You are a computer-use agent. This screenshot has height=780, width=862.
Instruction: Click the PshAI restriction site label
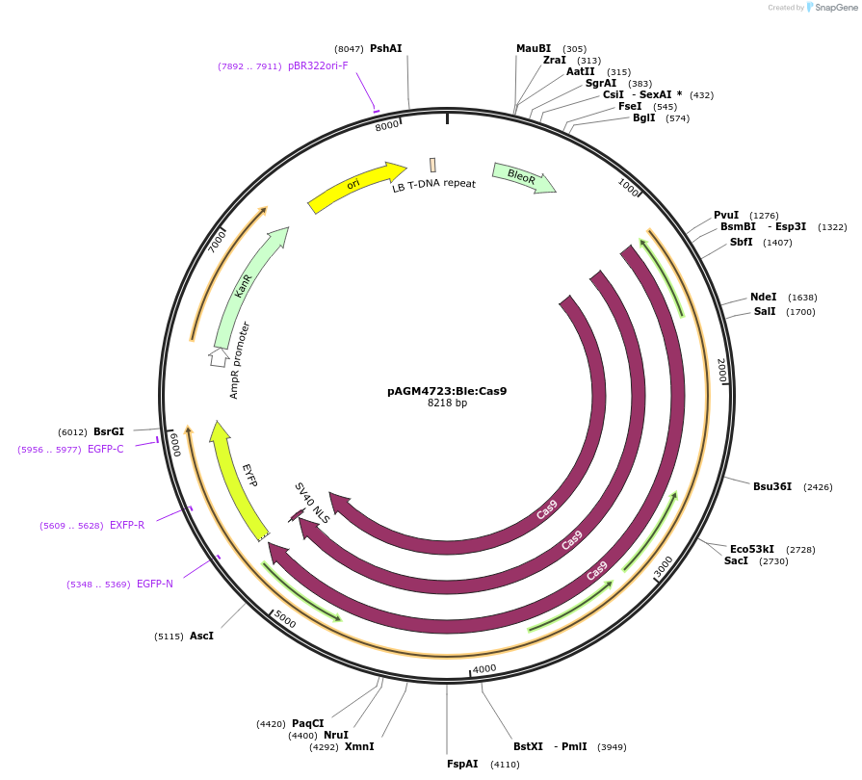tap(385, 48)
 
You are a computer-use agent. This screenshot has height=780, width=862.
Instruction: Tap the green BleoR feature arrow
tap(523, 177)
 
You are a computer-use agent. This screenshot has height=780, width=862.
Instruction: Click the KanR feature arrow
tap(246, 286)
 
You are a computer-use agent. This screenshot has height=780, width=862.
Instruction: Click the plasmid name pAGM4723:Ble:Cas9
tap(447, 391)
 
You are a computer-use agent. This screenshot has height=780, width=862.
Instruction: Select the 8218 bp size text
tap(447, 403)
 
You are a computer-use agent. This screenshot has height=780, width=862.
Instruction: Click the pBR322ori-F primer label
tap(318, 66)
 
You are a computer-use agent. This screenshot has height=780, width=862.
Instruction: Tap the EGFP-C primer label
tap(105, 449)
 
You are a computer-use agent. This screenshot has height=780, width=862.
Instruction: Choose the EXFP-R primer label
tap(127, 525)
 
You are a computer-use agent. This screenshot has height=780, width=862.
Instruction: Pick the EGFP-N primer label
tap(155, 584)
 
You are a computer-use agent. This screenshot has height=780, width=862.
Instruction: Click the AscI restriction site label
tap(201, 636)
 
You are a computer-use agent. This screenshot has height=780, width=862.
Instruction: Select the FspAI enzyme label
tap(462, 764)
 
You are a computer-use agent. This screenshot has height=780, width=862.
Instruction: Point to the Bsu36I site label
tap(772, 486)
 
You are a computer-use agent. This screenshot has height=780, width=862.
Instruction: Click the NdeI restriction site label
tap(763, 298)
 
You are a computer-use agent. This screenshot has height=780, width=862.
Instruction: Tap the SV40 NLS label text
tap(312, 504)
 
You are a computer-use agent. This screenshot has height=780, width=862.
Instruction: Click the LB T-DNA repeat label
tap(433, 185)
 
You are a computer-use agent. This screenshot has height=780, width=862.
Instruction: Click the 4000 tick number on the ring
tap(484, 668)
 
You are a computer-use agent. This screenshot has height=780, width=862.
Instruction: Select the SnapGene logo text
tap(833, 8)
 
